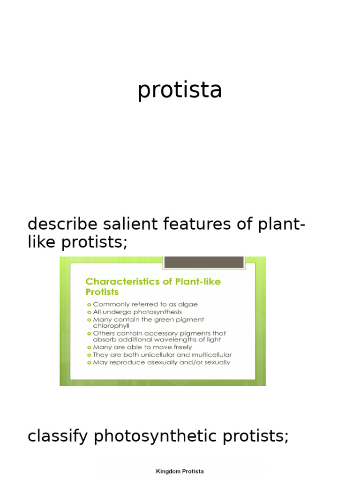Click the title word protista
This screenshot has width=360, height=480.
[180, 90]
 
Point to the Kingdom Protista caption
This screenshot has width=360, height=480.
[180, 472]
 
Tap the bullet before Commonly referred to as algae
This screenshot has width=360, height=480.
[89, 304]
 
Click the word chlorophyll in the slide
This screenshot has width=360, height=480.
[111, 325]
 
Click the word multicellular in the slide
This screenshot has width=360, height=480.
[208, 355]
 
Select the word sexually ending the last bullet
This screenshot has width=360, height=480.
[216, 362]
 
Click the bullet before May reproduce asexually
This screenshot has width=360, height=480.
[89, 362]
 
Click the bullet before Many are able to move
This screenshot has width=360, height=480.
[89, 347]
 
